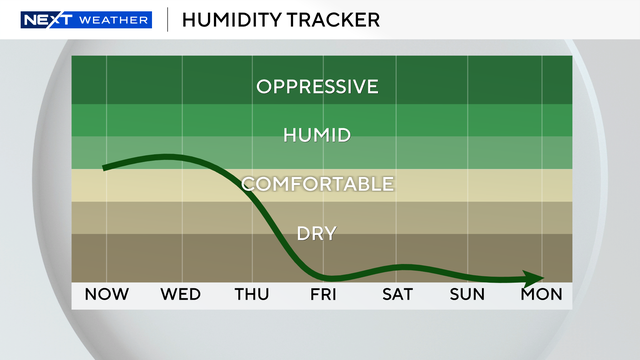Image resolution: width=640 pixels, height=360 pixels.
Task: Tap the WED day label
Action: coord(181,295)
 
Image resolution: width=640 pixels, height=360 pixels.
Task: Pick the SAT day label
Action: coord(397,295)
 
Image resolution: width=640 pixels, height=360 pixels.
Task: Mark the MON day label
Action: coord(541,295)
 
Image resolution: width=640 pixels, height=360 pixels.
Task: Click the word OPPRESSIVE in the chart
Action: coord(317,86)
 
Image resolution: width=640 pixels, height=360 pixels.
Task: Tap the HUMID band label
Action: coord(317,135)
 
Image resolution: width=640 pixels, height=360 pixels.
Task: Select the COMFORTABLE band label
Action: coord(317,184)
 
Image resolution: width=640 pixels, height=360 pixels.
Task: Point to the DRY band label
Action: coord(317,234)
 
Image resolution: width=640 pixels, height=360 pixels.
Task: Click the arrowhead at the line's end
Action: coord(538,278)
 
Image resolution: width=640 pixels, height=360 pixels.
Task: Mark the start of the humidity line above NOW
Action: coord(104,167)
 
